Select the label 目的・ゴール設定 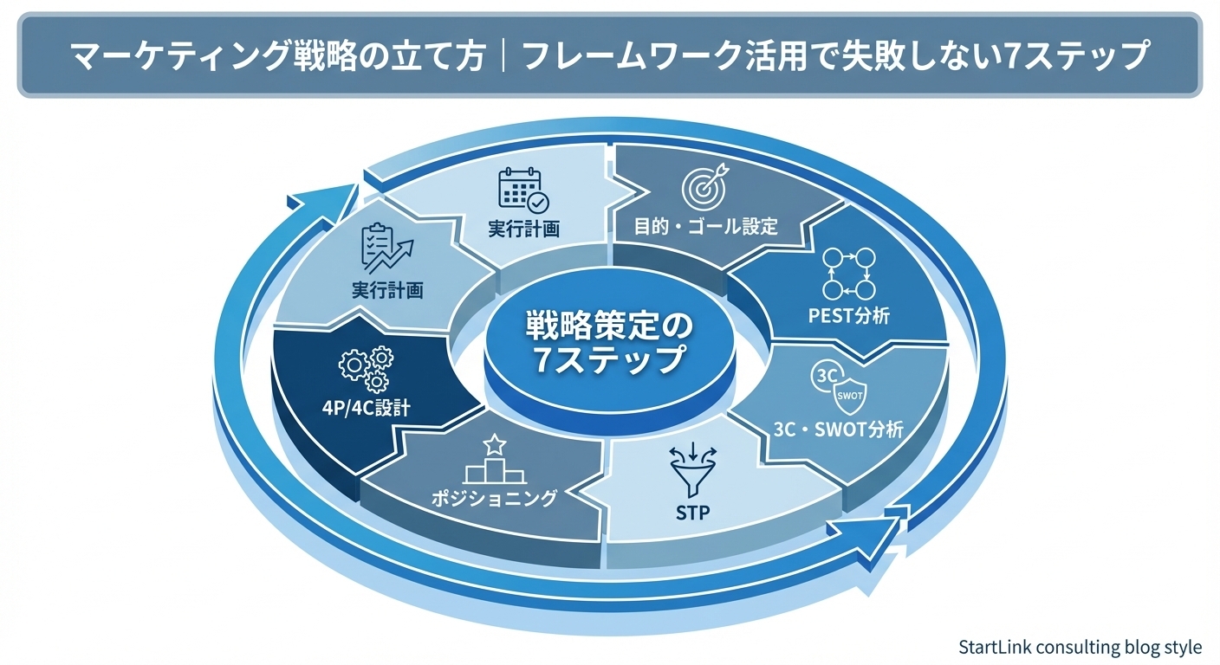(x=707, y=227)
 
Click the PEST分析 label (x=848, y=315)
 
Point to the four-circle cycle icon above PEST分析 (x=849, y=274)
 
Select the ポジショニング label (x=494, y=498)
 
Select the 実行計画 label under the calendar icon (x=522, y=229)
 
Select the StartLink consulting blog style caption (x=1080, y=647)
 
